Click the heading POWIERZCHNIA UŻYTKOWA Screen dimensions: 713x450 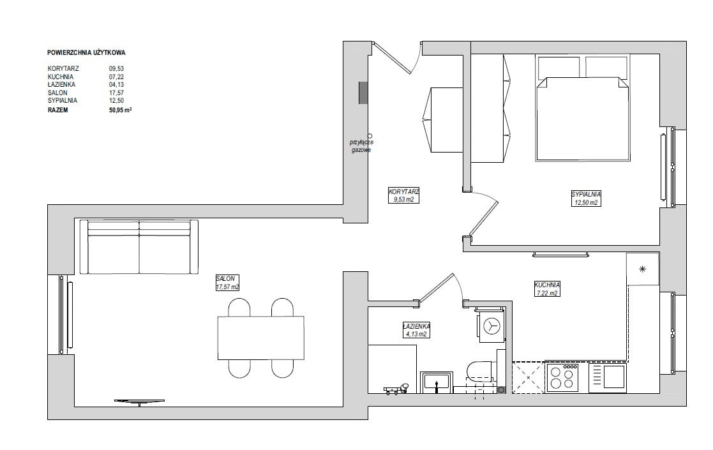click(x=86, y=53)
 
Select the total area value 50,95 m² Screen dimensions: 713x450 click(x=120, y=110)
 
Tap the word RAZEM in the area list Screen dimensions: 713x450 click(x=57, y=110)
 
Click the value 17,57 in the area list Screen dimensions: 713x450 click(x=116, y=93)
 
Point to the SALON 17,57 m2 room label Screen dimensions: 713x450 click(x=227, y=283)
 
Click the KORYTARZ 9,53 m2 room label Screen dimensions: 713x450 click(x=404, y=195)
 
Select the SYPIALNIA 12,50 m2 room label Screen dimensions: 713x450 click(x=586, y=198)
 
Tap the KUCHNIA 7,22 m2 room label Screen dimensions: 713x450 click(x=547, y=289)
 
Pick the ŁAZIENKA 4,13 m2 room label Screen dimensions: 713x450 click(x=416, y=330)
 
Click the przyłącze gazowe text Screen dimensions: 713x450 click(x=361, y=146)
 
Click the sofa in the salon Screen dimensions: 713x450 click(x=139, y=247)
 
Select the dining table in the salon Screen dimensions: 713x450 click(x=260, y=338)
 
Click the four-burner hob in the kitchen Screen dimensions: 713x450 click(x=562, y=377)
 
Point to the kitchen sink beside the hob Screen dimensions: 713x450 click(x=608, y=378)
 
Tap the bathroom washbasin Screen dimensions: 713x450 click(x=436, y=382)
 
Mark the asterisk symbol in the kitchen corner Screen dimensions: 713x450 click(x=642, y=269)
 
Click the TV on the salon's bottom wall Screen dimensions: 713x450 click(x=139, y=402)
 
